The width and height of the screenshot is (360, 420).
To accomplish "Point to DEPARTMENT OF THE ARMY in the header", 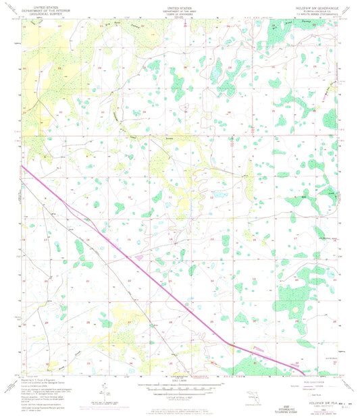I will coord(179,9).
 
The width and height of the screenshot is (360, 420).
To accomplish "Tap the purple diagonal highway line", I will coord(135,263).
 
